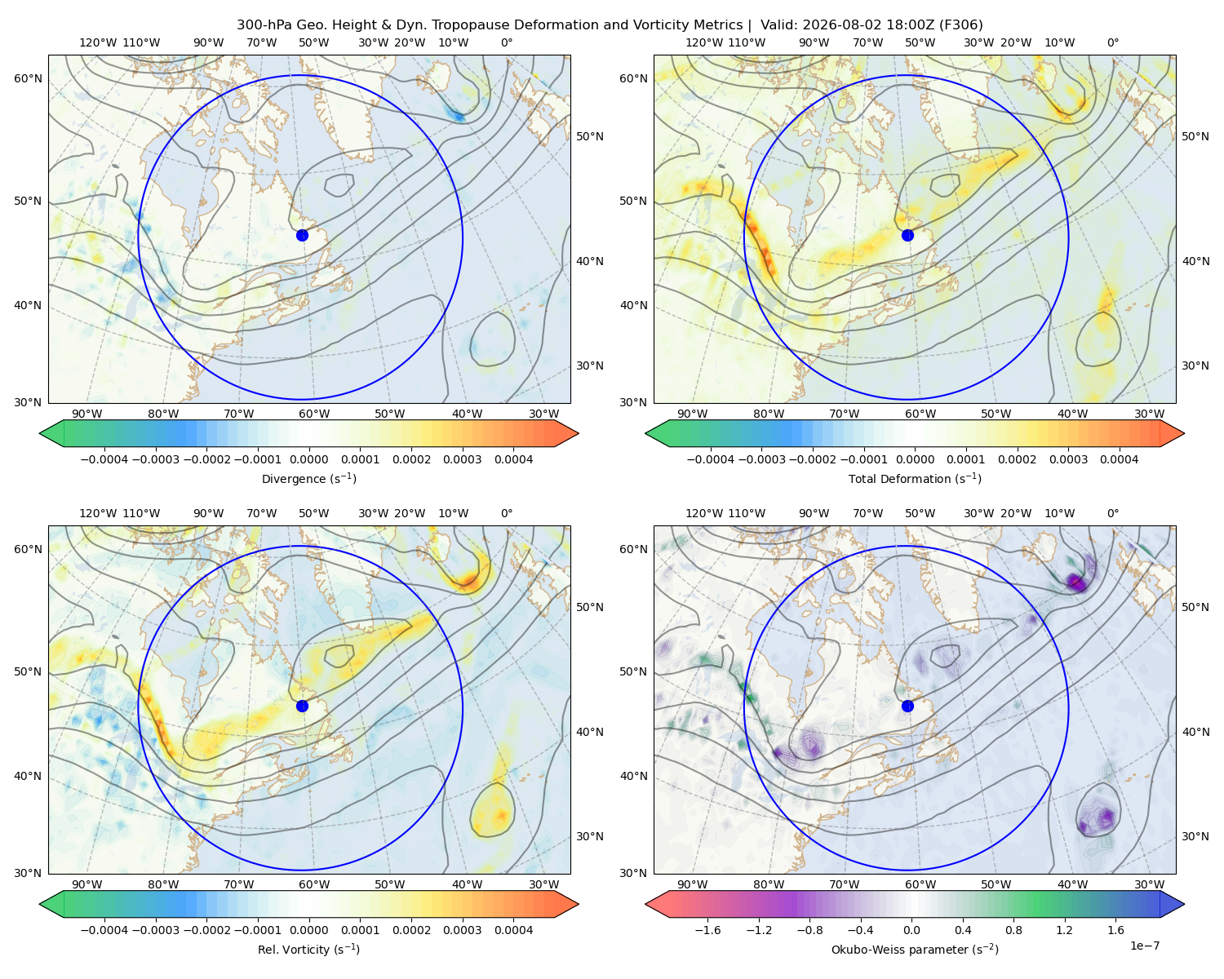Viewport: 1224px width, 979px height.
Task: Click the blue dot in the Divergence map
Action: [x=302, y=235]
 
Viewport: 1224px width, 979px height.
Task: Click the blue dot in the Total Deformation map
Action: [x=907, y=235]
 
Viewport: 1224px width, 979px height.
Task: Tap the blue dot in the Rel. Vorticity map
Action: [x=302, y=706]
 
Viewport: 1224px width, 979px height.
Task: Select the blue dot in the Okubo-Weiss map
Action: [x=907, y=706]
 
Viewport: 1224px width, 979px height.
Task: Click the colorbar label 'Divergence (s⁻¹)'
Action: [x=308, y=478]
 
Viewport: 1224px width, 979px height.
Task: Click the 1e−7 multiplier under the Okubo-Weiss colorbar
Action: [x=1144, y=946]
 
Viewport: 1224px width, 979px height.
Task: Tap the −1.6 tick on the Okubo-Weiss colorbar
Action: [x=707, y=929]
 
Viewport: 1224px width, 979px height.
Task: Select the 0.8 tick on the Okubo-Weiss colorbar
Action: [x=1013, y=929]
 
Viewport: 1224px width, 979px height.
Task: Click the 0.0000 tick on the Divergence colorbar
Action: [x=308, y=459]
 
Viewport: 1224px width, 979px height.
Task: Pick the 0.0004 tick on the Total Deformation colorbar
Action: [x=1119, y=459]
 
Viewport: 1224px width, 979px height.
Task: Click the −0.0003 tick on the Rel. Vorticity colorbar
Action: [x=155, y=929]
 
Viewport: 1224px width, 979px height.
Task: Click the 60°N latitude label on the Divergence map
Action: [x=28, y=78]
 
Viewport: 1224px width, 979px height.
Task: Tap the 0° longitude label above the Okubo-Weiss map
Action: [x=1112, y=513]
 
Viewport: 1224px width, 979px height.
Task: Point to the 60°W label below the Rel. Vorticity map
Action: [x=314, y=884]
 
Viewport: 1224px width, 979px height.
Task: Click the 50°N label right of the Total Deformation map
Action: [x=1195, y=136]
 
